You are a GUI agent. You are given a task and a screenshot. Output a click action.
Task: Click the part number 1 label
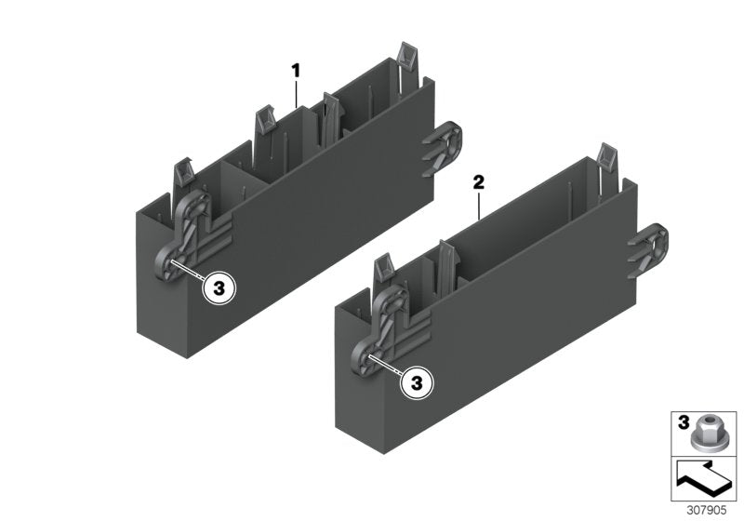point(297,70)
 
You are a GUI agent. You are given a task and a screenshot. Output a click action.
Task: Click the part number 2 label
point(479,182)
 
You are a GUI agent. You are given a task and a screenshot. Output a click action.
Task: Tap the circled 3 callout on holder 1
point(219,289)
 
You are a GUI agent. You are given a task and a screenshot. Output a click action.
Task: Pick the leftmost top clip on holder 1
point(183,175)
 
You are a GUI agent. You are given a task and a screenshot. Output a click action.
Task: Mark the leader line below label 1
point(297,92)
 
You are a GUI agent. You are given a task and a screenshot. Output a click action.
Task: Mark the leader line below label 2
point(479,205)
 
